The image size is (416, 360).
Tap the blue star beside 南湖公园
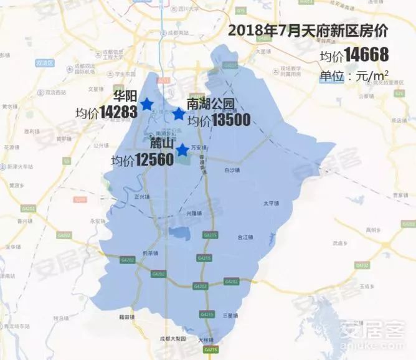pyautogui.click(x=179, y=114)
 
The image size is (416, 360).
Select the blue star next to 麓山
pyautogui.click(x=182, y=150)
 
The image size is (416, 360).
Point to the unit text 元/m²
pyautogui.click(x=371, y=76)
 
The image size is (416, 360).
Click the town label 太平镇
pyautogui.click(x=270, y=203)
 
